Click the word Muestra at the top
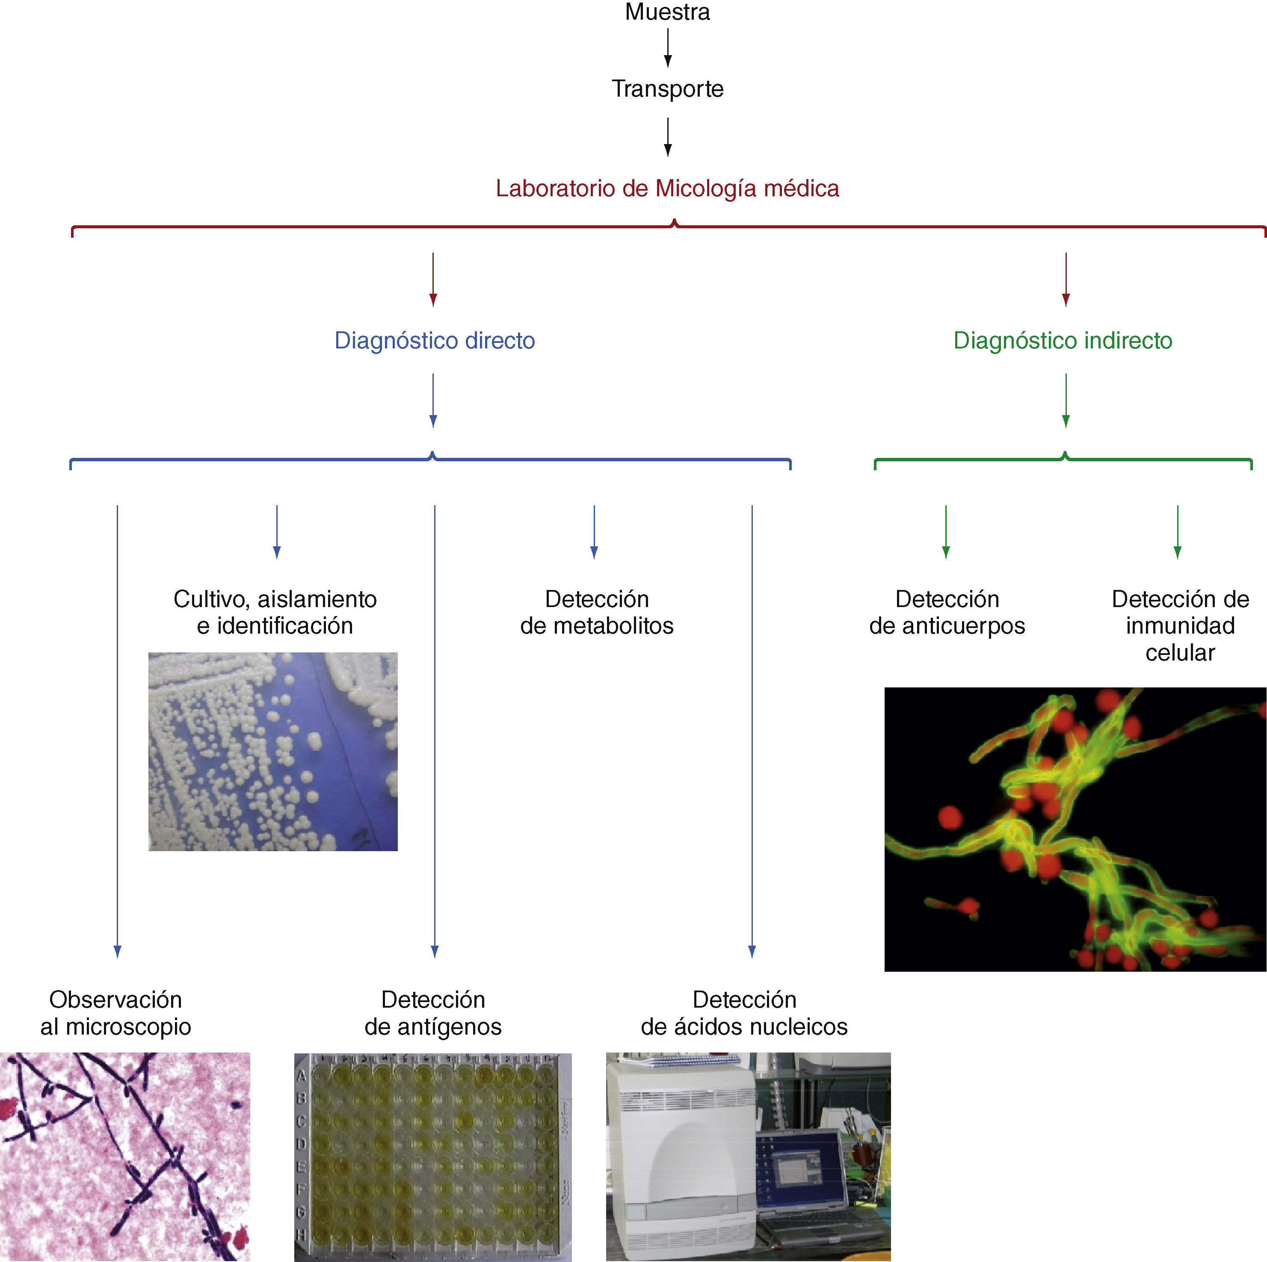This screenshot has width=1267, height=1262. tap(667, 12)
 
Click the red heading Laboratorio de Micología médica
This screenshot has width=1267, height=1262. tap(667, 189)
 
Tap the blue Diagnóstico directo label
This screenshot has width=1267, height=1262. tap(434, 341)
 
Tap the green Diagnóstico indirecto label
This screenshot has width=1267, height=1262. tap(1063, 341)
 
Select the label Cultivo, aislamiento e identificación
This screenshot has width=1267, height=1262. tap(275, 612)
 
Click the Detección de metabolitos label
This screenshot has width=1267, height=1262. tap(597, 612)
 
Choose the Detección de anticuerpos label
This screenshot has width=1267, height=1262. tap(947, 612)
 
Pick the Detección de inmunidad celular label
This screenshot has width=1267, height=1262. tap(1180, 625)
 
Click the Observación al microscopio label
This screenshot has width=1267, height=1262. tap(116, 1013)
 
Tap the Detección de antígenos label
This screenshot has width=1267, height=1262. tap(433, 1013)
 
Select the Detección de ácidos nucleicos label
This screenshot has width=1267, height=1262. tap(744, 1013)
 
